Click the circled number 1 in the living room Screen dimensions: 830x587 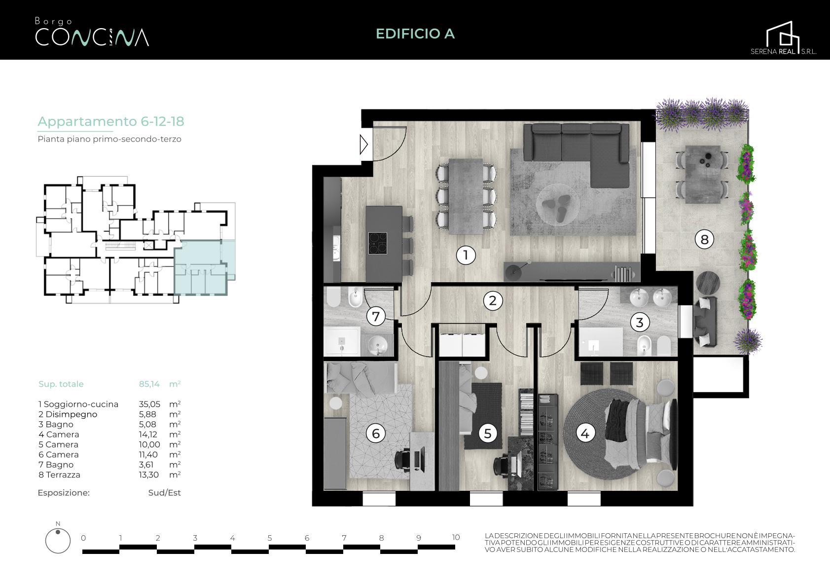pos(466,255)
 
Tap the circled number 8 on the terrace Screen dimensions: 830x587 pos(704,239)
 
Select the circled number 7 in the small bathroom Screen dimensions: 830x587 pos(376,317)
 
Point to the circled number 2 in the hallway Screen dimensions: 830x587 pos(493,300)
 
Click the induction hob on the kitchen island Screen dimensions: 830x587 pos(378,243)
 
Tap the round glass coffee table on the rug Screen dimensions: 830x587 pos(557,205)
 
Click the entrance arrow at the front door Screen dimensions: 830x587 pos(364,144)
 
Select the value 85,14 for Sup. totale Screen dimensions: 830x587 pos(149,384)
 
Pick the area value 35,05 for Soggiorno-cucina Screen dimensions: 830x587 pos(149,404)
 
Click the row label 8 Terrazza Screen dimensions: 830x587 pos(59,475)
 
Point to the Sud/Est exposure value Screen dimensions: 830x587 pos(165,493)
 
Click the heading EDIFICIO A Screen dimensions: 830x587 pos(415,34)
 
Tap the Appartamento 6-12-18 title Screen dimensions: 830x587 pos(111,121)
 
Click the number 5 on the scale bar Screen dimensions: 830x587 pos(270,538)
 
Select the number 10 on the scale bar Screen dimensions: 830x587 pos(456,537)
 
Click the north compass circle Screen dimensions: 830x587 pos(58,541)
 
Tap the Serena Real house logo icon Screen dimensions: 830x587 pos(783,35)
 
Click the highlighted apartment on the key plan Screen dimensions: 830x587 pos(205,267)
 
